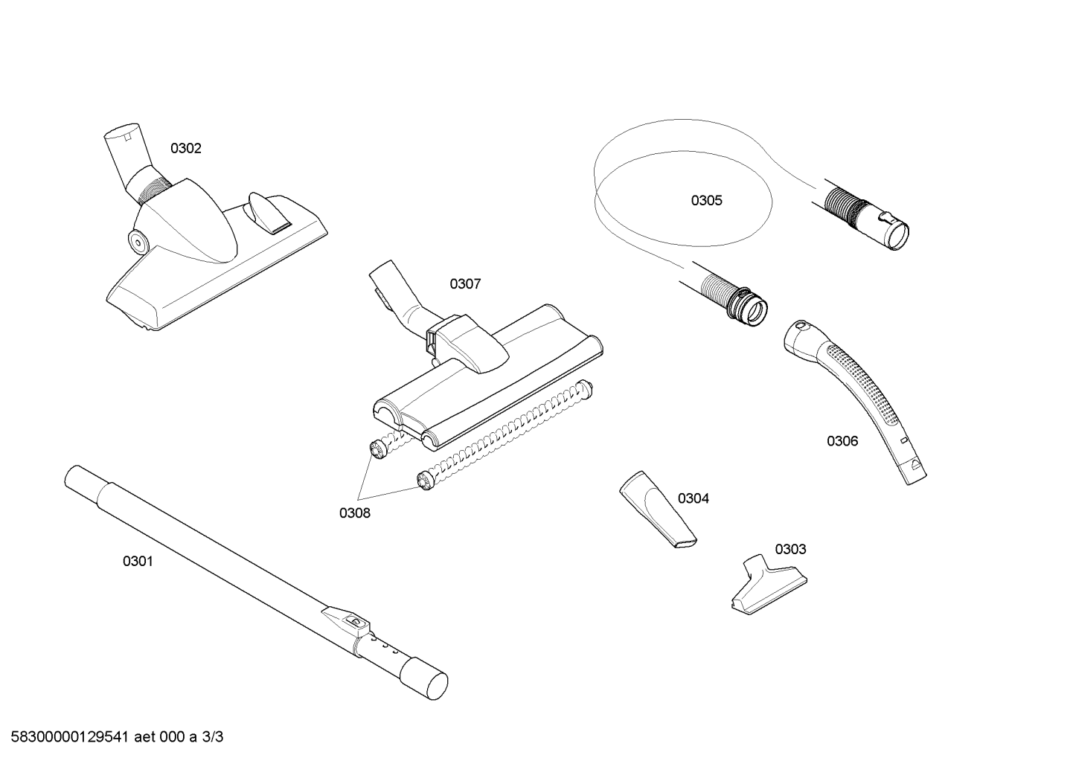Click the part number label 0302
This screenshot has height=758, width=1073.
(x=186, y=149)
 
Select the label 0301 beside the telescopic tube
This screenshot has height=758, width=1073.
(x=138, y=561)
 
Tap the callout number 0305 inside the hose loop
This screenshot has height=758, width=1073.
(x=707, y=201)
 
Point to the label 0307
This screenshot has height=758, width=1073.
(x=465, y=284)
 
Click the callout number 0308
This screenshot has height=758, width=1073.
(x=355, y=513)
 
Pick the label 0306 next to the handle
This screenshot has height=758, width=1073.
(x=842, y=441)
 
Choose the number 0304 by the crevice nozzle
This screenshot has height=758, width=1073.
(x=694, y=498)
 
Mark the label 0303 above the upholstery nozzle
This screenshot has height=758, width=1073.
(x=791, y=549)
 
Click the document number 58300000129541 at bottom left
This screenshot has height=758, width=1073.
(x=69, y=737)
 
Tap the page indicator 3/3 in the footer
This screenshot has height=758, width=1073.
(x=213, y=737)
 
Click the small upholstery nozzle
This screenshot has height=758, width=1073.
(x=769, y=585)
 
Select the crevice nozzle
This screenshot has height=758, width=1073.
(x=657, y=510)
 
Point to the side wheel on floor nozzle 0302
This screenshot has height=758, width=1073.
(x=138, y=243)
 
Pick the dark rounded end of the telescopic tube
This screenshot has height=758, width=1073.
(x=423, y=680)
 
